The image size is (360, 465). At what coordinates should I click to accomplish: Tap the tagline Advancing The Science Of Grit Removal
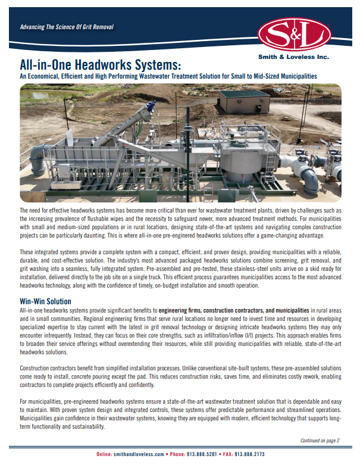click(67, 27)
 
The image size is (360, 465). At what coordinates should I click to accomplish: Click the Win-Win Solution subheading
click(45, 302)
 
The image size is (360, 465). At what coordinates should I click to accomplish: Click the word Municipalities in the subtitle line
click(296, 77)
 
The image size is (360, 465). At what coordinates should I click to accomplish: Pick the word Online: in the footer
click(107, 454)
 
